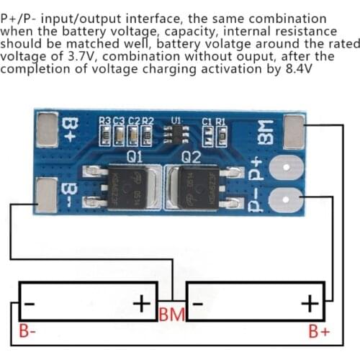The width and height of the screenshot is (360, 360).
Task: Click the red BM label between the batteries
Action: (172, 315)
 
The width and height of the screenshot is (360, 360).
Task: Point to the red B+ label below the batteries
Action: (319, 332)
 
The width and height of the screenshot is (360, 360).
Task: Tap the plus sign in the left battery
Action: (144, 302)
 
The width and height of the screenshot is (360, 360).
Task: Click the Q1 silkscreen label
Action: (135, 156)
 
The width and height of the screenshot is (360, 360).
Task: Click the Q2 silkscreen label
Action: (191, 156)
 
